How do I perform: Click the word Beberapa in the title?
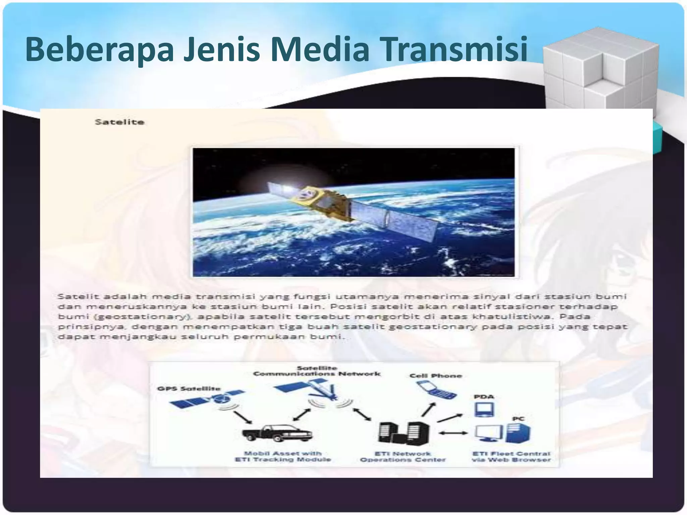point(99,50)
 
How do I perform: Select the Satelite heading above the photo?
point(119,122)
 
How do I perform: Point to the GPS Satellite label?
point(189,389)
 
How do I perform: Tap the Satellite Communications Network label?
point(317,371)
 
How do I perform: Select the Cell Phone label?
point(436,376)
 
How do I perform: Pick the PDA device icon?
point(484,409)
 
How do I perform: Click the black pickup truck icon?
point(277,433)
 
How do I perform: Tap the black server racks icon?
point(404,433)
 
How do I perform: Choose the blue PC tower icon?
point(518,433)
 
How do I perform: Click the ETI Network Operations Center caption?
point(403,457)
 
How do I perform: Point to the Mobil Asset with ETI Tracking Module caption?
point(283,457)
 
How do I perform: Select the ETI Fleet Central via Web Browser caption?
point(511,457)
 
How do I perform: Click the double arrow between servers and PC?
point(453,433)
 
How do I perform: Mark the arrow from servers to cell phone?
point(429,410)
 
